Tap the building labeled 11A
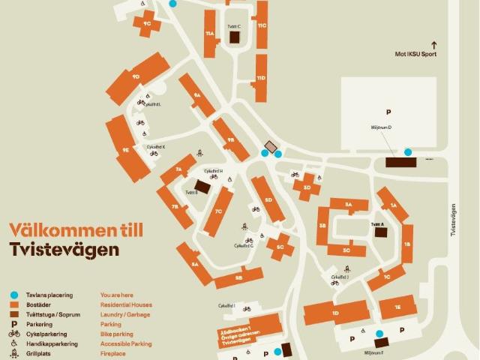pyautogui.click(x=210, y=34)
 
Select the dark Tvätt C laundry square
pyautogui.click(x=234, y=37)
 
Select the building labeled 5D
pyautogui.click(x=267, y=199)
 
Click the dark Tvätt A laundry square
pyautogui.click(x=381, y=232)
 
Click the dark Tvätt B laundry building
pyautogui.click(x=202, y=187)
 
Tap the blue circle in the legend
pyautogui.click(x=14, y=295)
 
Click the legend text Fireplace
pyautogui.click(x=114, y=353)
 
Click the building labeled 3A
pyautogui.click(x=348, y=205)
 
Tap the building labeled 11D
pyautogui.click(x=261, y=78)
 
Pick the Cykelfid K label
pyautogui.click(x=156, y=147)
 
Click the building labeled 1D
pyautogui.click(x=336, y=312)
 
